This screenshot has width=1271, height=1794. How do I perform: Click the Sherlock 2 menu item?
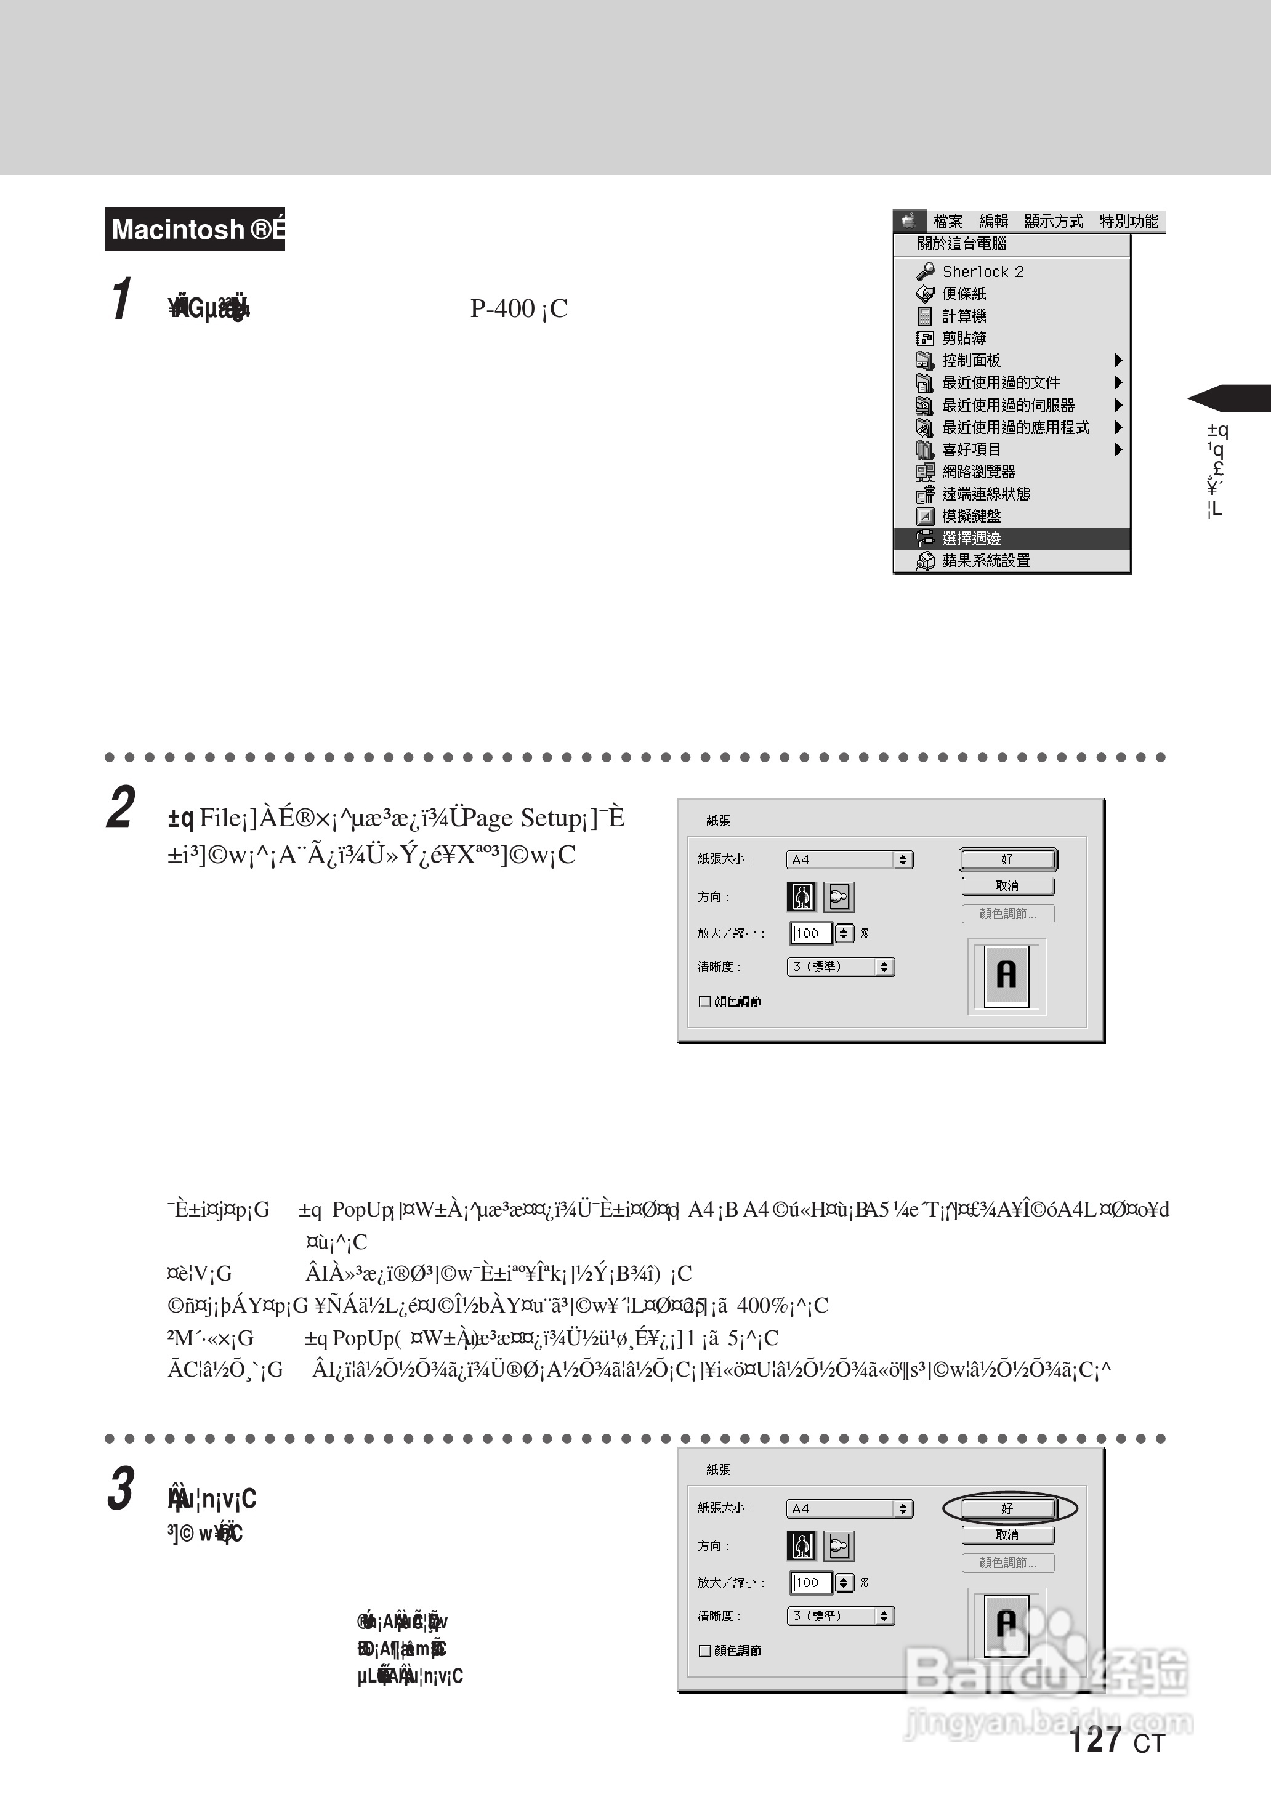[x=982, y=272]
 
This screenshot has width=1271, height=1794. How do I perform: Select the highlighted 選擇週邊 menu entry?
[x=971, y=538]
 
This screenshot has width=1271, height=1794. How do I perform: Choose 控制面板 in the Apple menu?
[x=971, y=361]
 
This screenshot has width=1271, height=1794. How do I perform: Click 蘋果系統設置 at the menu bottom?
[x=985, y=561]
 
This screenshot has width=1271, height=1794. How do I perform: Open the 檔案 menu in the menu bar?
[x=948, y=222]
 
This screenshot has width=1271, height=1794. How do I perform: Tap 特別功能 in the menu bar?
[x=1129, y=222]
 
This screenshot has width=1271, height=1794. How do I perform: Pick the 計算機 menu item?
[x=964, y=316]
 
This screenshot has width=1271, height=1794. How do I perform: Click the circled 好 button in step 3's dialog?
[x=1008, y=1508]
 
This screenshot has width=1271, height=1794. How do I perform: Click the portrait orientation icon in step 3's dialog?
[x=801, y=1546]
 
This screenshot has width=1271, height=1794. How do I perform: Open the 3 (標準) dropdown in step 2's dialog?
[x=840, y=967]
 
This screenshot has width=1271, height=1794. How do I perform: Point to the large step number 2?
[x=121, y=807]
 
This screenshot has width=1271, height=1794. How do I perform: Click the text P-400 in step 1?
[x=502, y=309]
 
